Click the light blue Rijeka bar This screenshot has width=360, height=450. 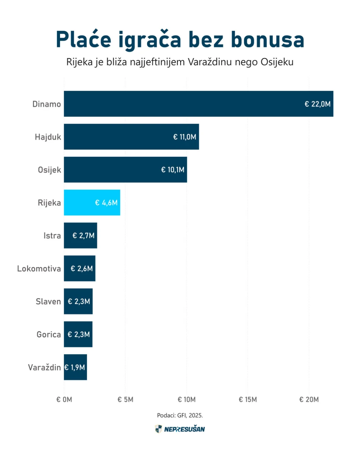[x=92, y=203]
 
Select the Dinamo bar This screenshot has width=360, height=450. [x=199, y=104]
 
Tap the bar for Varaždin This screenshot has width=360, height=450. [x=75, y=367]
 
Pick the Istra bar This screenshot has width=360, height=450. [x=81, y=236]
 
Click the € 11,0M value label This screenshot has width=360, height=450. [x=185, y=137]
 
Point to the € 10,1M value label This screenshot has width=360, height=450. [x=173, y=170]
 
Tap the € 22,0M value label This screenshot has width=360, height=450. [x=318, y=104]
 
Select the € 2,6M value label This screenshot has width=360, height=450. [x=82, y=269]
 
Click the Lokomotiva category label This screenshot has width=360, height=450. [x=39, y=269]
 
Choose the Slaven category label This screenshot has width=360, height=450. [x=48, y=301]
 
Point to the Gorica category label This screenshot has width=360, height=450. [x=49, y=334]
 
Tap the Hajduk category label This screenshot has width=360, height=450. [x=48, y=137]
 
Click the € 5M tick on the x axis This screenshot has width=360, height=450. [x=125, y=399]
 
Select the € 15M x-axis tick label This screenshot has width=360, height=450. [x=248, y=399]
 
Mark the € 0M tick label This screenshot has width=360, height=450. [x=64, y=399]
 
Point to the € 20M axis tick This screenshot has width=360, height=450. [x=309, y=399]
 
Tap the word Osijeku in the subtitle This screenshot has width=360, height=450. [x=277, y=62]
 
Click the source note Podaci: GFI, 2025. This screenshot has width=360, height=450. [x=180, y=415]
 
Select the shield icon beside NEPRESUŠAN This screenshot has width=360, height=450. [x=158, y=429]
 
